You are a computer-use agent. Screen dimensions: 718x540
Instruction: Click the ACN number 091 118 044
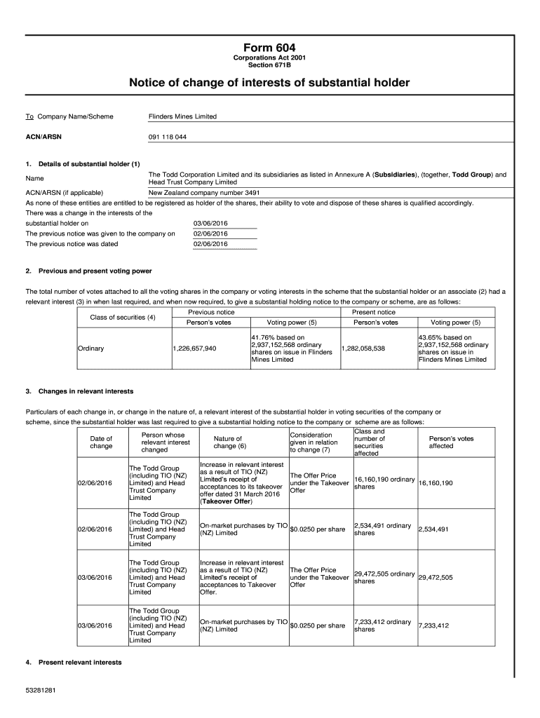(168, 137)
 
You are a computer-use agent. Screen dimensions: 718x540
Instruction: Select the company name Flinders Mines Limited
(183, 116)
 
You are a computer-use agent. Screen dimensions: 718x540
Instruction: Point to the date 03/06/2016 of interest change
(211, 223)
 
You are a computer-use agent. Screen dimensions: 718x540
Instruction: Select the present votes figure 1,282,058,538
(363, 348)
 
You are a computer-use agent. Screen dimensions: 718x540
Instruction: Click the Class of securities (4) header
(123, 317)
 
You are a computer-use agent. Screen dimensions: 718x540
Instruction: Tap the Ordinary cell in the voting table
(91, 348)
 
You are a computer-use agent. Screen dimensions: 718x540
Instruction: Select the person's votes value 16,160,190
(436, 483)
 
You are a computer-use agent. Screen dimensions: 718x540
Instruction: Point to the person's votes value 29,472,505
(436, 577)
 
